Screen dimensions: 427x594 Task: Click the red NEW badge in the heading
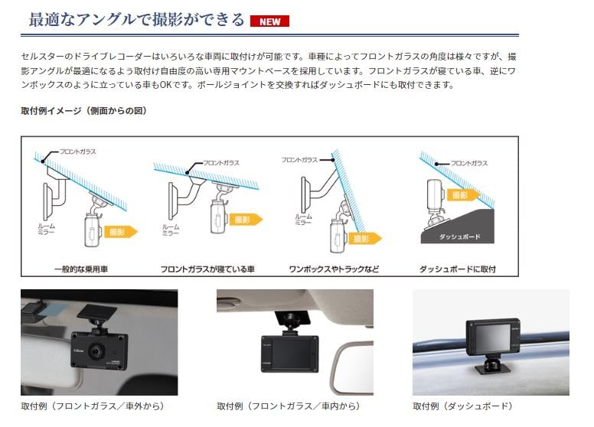click(x=269, y=21)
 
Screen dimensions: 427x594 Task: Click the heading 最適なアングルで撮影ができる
click(x=136, y=20)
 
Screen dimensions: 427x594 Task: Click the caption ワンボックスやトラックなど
click(x=333, y=269)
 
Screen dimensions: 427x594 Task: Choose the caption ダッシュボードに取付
click(x=458, y=269)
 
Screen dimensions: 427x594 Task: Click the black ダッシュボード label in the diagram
click(x=461, y=237)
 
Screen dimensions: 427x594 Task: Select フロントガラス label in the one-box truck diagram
click(x=299, y=160)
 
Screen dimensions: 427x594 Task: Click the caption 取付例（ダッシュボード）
click(x=463, y=406)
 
